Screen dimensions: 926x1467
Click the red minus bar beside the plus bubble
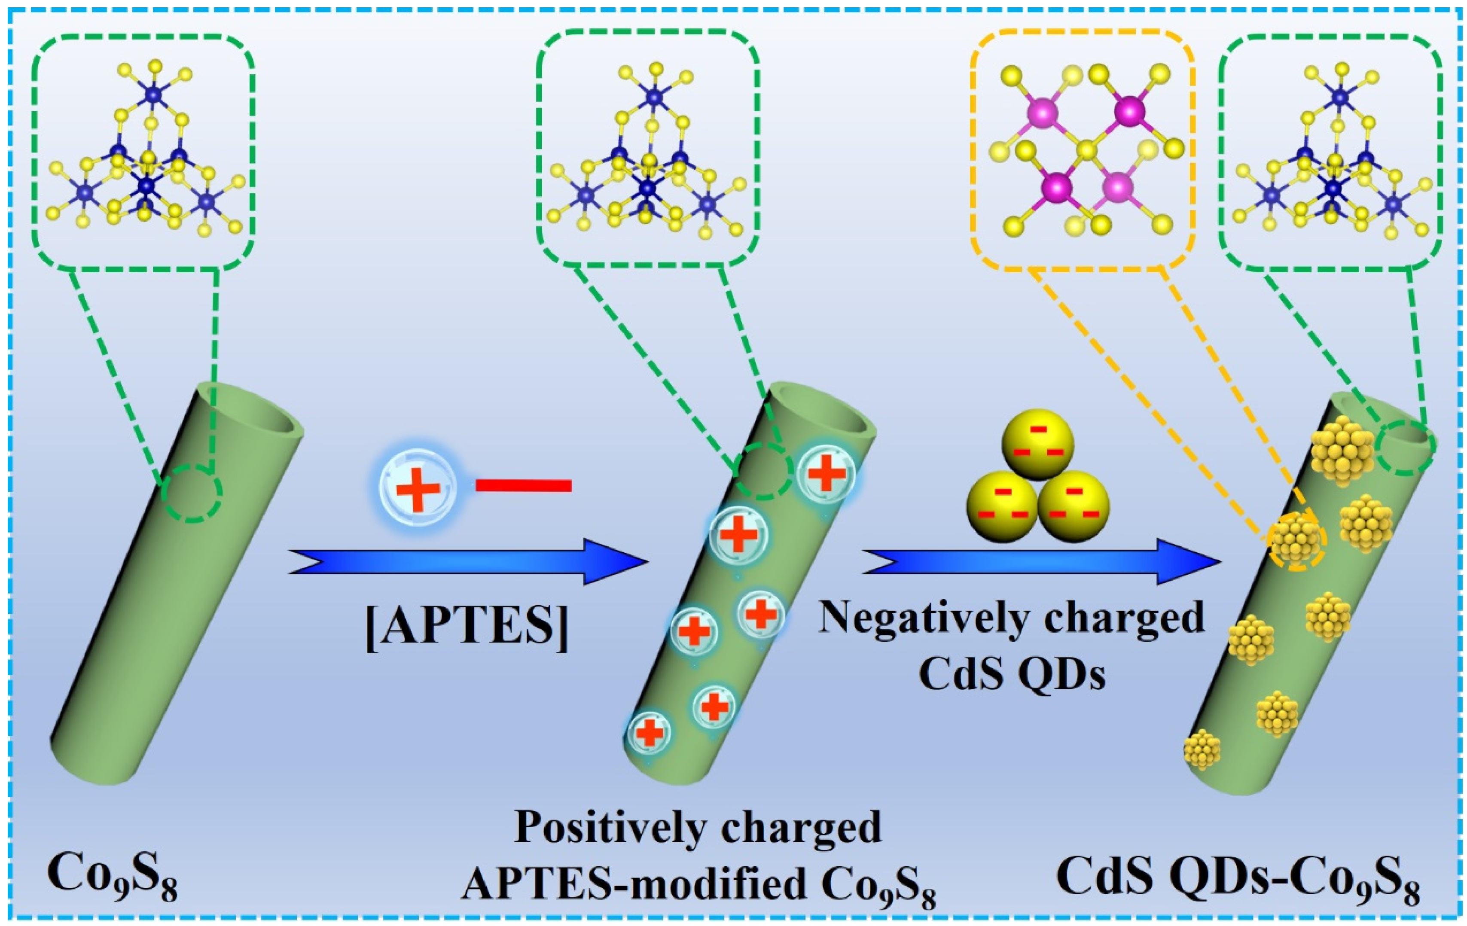524,485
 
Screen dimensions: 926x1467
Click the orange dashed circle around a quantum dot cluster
1296,541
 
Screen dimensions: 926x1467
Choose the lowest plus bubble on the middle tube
650,733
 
